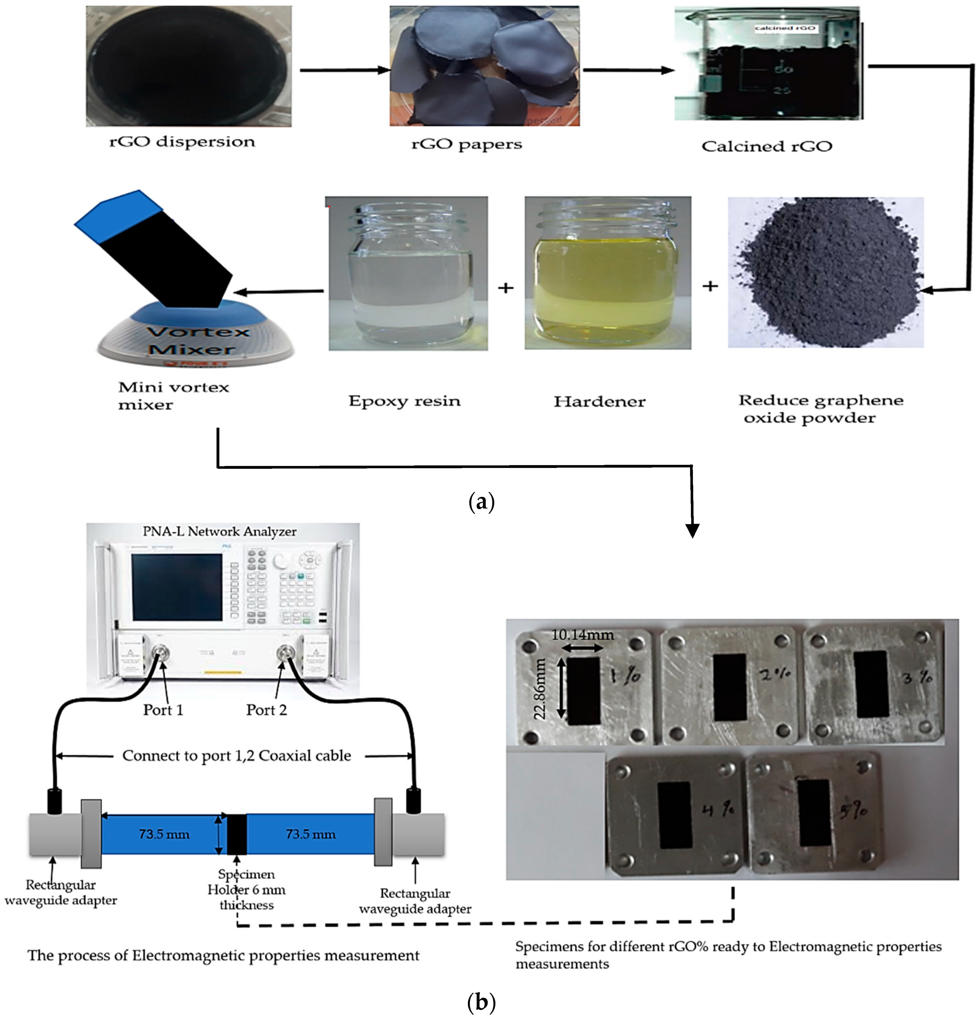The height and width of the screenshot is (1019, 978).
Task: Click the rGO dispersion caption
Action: click(x=182, y=142)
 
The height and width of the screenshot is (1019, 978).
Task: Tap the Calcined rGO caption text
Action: click(x=766, y=146)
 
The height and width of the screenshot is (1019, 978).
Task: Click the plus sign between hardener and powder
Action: click(x=710, y=286)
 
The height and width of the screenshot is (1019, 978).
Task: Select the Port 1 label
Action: click(x=163, y=710)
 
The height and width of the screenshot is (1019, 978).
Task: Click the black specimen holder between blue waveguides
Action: click(x=237, y=834)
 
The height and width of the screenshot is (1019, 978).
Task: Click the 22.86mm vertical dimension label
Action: click(x=540, y=689)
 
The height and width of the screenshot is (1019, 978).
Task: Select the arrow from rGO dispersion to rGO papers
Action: click(x=345, y=70)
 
